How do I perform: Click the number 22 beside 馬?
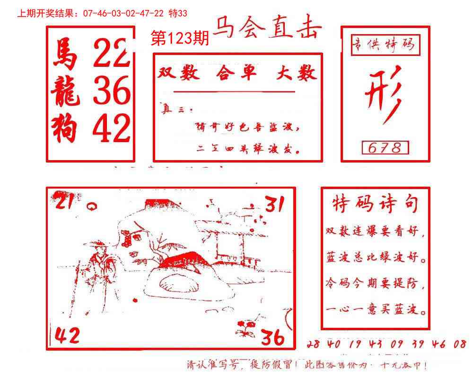[111, 53]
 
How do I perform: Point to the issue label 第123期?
[179, 39]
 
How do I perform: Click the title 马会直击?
[267, 29]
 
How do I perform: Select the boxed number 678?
[385, 148]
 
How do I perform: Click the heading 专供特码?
[385, 45]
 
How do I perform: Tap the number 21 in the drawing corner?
[66, 202]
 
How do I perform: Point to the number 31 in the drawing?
[274, 204]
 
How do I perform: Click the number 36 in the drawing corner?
[273, 337]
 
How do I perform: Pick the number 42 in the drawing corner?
[67, 335]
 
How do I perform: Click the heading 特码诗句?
[375, 204]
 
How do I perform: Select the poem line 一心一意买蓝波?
[376, 311]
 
